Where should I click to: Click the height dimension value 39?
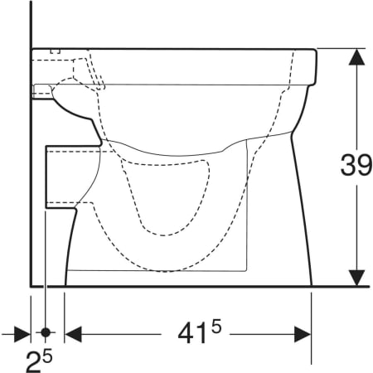point(356,166)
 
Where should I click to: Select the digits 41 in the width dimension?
point(192,333)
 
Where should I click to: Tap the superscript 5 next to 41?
point(216,328)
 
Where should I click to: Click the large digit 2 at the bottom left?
point(34,361)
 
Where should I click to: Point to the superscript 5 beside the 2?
point(47,356)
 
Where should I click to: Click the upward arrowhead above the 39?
point(356,57)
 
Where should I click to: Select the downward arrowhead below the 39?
point(356,278)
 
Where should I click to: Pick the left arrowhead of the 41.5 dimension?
point(73,334)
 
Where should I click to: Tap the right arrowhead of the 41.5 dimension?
point(303,334)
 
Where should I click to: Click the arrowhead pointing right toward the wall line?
point(22,334)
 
